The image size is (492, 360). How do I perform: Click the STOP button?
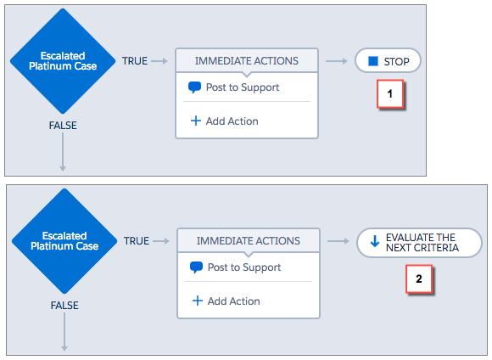coord(388,60)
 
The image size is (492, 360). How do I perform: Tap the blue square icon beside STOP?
coord(373,61)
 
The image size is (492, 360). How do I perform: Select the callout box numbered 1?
coord(390,94)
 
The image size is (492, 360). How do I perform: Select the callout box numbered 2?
coord(419,279)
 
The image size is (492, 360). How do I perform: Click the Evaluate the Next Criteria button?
coord(419,243)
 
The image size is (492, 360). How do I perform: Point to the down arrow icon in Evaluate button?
coord(375,242)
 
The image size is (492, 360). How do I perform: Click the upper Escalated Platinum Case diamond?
coord(63,61)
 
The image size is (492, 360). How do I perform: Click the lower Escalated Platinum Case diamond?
coord(64,241)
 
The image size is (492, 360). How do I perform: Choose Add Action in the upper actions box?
coord(225,121)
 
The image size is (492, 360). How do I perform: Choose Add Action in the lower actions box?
coord(226,301)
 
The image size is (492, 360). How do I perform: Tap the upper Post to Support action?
coord(233,87)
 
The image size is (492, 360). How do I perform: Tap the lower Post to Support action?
coord(235,267)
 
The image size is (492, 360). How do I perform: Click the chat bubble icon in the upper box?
coord(194,87)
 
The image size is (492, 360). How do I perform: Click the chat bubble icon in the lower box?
coord(197,267)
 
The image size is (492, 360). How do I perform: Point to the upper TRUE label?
coord(135,61)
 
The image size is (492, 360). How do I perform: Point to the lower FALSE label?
coord(64,306)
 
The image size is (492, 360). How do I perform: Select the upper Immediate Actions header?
coord(247,60)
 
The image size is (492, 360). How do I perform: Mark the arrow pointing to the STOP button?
coord(337,61)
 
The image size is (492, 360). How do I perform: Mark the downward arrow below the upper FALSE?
coord(63,152)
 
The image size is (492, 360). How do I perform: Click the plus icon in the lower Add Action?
coord(198,301)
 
